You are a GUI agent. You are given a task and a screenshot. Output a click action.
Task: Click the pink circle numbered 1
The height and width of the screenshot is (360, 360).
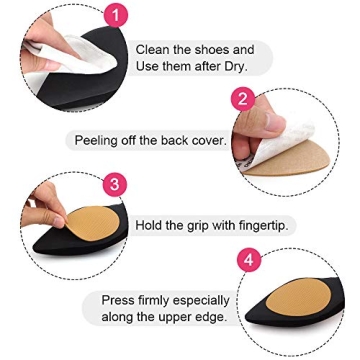[x=117, y=14]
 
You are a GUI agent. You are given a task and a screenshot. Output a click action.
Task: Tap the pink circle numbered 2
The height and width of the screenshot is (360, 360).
[x=242, y=99]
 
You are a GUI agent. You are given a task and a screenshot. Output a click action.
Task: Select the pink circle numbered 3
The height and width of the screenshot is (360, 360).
[x=115, y=184]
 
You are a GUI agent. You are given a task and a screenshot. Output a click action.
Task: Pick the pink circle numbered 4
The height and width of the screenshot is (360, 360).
[x=248, y=260]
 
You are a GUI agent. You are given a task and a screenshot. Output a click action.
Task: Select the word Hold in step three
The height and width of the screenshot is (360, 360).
[x=150, y=226]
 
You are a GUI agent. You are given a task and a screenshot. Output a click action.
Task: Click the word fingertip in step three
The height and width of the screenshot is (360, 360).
[x=259, y=226]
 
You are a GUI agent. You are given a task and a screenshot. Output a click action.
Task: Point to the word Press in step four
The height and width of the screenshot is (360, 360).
[x=119, y=300]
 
